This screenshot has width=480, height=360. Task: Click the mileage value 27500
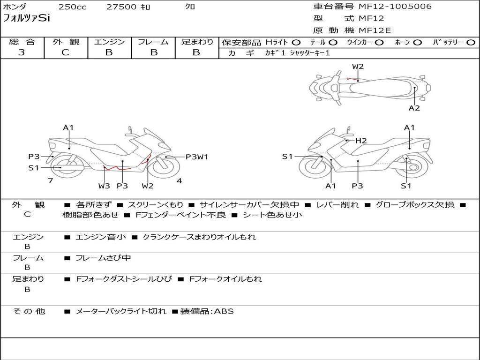[120, 7]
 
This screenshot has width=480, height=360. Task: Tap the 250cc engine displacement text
[72, 7]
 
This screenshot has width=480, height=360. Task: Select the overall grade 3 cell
[22, 52]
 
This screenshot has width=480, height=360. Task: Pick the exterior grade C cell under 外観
[65, 52]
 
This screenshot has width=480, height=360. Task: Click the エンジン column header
[109, 42]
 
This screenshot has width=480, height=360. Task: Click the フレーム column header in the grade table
[153, 42]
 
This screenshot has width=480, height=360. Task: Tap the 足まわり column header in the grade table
[197, 42]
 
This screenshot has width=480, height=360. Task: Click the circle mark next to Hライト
[296, 43]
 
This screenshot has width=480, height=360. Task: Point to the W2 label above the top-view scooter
[358, 67]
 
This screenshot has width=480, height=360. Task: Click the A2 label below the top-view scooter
[414, 108]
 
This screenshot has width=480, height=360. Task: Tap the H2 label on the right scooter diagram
[360, 141]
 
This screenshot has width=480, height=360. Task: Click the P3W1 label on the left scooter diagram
[196, 157]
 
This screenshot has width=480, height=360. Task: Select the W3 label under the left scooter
[104, 186]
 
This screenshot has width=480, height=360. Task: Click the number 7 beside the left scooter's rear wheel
[50, 180]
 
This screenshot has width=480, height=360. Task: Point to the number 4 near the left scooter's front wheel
[179, 180]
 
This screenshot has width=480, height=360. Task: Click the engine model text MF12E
[375, 30]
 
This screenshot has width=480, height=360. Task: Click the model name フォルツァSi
[26, 19]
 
